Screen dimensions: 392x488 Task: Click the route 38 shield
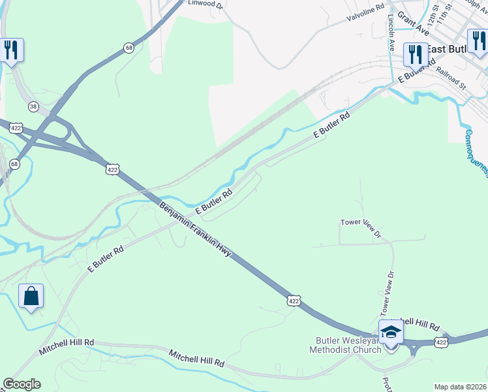(33, 106)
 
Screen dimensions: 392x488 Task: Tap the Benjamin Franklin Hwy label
(195, 229)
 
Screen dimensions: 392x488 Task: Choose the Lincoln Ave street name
(391, 33)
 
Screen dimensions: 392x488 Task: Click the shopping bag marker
(31, 297)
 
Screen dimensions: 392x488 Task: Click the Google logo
(21, 384)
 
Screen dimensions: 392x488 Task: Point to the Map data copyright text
(461, 387)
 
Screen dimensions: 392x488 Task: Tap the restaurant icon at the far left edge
(11, 50)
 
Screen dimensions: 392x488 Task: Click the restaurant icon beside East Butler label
(415, 54)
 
